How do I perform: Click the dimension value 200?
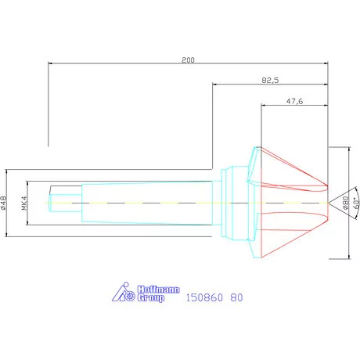click(x=187, y=59)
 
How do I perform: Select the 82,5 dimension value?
click(x=270, y=80)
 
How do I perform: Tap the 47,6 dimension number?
click(x=294, y=101)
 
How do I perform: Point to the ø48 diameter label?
click(x=5, y=203)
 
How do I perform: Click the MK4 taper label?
click(x=25, y=203)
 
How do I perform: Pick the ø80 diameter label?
click(x=345, y=203)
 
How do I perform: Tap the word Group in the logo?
click(x=151, y=298)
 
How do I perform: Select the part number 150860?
click(x=203, y=298)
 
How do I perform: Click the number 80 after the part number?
click(x=236, y=298)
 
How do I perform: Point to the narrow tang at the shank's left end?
click(x=64, y=203)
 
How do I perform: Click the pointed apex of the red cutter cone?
click(x=329, y=203)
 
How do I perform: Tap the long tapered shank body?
click(x=149, y=203)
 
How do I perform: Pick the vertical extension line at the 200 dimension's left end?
click(x=49, y=102)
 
